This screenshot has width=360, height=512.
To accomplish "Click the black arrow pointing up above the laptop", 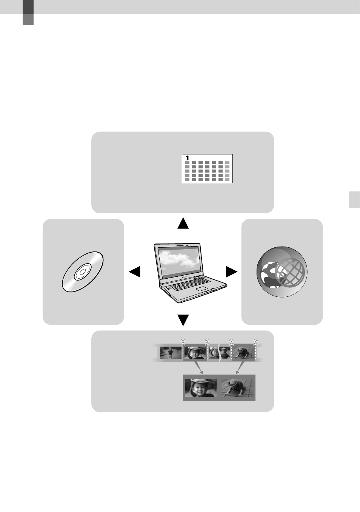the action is [x=183, y=223].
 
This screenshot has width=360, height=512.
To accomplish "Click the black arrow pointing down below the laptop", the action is [x=183, y=320].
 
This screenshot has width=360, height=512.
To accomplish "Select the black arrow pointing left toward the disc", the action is [x=135, y=272].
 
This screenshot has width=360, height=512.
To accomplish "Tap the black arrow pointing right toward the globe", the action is [x=232, y=272].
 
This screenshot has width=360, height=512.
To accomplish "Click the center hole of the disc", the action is [x=83, y=271].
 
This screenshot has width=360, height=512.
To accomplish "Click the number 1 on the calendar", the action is [x=187, y=158].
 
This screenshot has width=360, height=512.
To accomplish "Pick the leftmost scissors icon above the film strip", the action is [x=183, y=342].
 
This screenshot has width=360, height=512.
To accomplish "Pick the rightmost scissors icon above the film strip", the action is [x=255, y=342].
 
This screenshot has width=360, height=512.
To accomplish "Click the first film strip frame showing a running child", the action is [x=171, y=353].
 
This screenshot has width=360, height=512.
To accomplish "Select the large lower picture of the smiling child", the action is [x=201, y=388].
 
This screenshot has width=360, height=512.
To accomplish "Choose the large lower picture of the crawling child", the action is [x=237, y=388].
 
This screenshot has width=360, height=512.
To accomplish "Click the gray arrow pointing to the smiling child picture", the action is [x=198, y=367].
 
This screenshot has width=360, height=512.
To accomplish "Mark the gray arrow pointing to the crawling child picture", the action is [x=240, y=367].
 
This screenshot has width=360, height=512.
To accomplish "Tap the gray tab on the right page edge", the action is [x=354, y=200].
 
